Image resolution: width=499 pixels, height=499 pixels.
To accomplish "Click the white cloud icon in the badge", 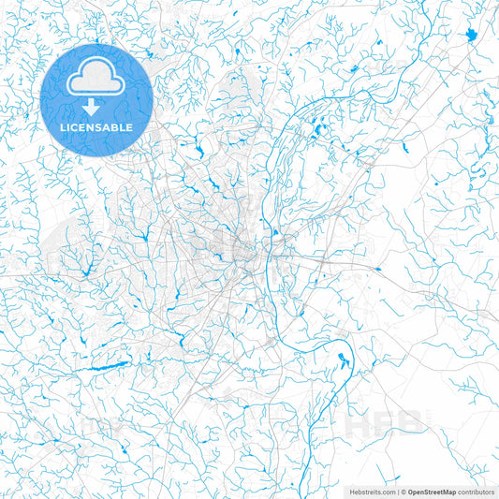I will pyautogui.click(x=96, y=81).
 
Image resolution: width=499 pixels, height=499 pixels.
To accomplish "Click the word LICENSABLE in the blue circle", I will pyautogui.click(x=96, y=127).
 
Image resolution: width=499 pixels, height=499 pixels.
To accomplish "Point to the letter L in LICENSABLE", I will pyautogui.click(x=63, y=127).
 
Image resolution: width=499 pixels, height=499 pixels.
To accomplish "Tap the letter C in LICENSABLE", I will pyautogui.click(x=74, y=127).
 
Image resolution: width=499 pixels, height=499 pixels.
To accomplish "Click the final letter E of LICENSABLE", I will pyautogui.click(x=130, y=127).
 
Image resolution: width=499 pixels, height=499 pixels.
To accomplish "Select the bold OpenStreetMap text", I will pyautogui.click(x=432, y=491).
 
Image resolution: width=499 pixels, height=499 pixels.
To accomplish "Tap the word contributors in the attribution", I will pyautogui.click(x=477, y=491).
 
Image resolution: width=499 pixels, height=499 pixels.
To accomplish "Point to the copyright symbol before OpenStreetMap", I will pyautogui.click(x=404, y=491).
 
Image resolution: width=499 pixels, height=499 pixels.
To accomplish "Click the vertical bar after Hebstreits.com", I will pyautogui.click(x=397, y=491).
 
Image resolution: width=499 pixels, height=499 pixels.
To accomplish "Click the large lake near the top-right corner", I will pyautogui.click(x=469, y=36).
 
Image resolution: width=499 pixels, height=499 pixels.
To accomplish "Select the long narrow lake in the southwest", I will pyautogui.click(x=108, y=365).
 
